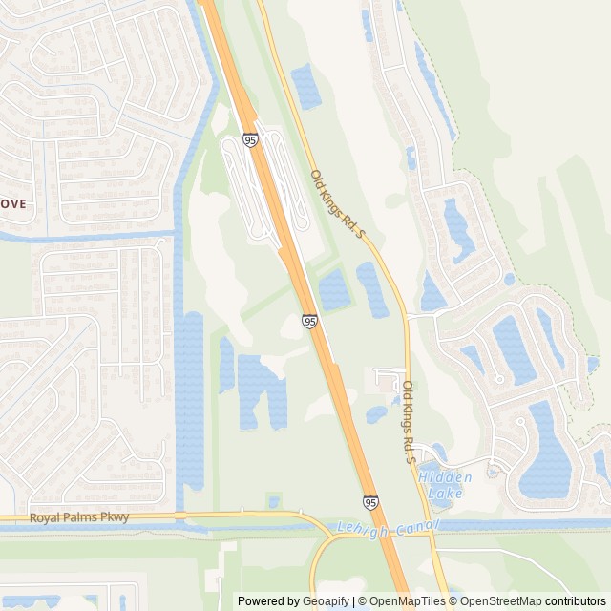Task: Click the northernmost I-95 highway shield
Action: click(x=250, y=139)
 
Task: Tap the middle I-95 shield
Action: click(x=310, y=322)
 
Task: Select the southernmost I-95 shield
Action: click(x=370, y=502)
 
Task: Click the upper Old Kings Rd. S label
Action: click(x=338, y=203)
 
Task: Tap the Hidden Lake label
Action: click(x=441, y=485)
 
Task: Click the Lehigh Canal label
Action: click(x=388, y=527)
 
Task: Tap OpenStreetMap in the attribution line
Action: click(x=501, y=601)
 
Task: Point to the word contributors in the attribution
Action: click(x=576, y=601)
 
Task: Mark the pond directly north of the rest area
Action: click(x=306, y=86)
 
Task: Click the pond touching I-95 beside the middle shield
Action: click(x=334, y=289)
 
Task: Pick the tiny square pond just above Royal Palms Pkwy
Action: click(x=275, y=501)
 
